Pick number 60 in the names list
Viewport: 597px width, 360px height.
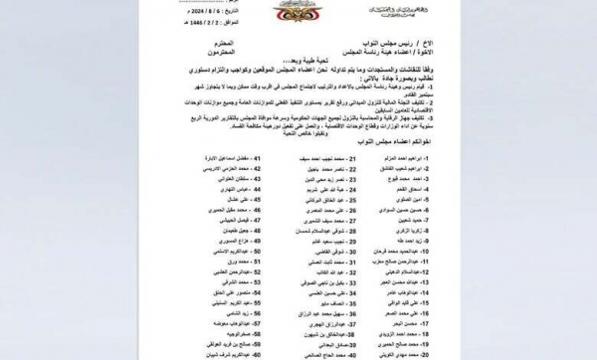coord(234,352)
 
